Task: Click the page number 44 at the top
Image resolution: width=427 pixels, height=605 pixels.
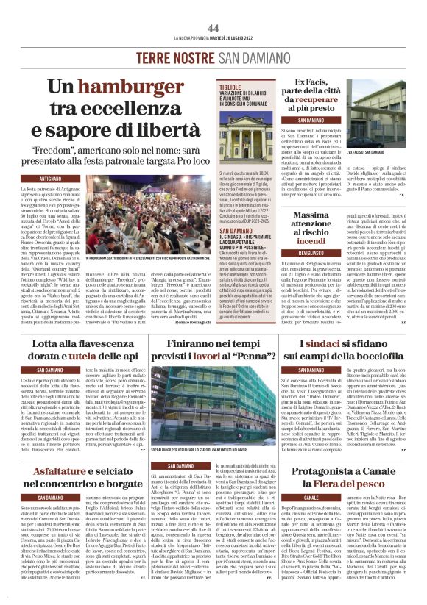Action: pos(213,27)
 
